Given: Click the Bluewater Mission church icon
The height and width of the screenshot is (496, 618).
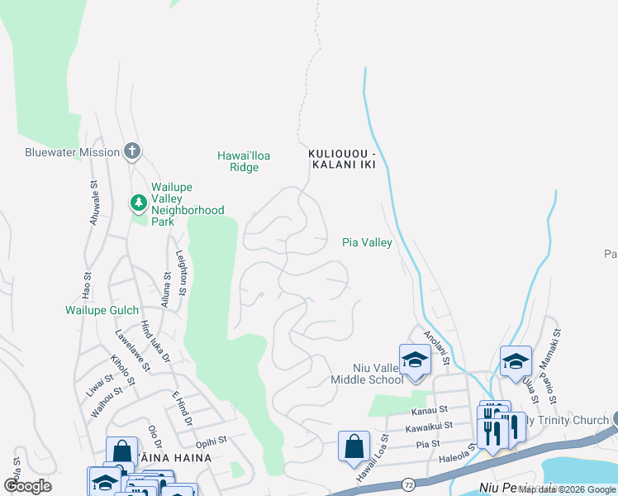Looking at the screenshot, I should pos(131,151).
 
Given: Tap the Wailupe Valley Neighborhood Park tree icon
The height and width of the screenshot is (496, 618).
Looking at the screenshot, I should pos(139,203).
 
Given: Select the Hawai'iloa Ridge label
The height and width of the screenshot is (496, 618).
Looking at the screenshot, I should pos(244,161).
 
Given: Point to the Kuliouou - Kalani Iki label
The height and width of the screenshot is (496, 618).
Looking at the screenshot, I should pos(342,160).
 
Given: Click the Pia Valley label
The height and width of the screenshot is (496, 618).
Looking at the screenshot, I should pos(367,243).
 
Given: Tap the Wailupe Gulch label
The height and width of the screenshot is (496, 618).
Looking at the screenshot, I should pos(98,311).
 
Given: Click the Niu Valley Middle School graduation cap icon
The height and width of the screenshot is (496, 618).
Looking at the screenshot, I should pos(415,360).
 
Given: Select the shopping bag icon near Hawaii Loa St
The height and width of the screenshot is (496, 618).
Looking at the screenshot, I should pos(354,446).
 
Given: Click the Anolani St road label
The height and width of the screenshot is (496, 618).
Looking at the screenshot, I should pos(435,349).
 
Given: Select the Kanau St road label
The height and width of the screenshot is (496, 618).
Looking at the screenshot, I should pos(430,409).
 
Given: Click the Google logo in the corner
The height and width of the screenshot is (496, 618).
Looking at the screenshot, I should pos(27,486).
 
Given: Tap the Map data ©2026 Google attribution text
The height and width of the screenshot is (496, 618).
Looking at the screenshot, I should pos(567,489).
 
